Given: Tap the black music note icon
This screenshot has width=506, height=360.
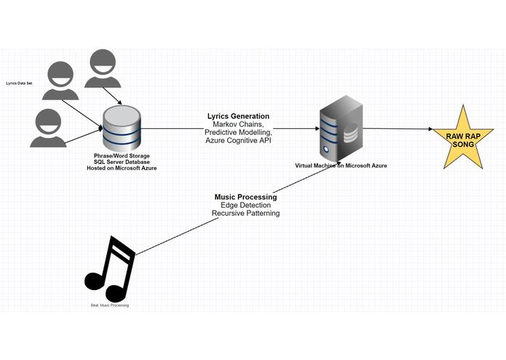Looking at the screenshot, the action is click(x=110, y=270).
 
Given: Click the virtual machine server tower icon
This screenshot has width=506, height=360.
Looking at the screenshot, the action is click(x=341, y=128).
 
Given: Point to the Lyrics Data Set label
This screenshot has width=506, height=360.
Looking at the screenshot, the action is click(x=19, y=83).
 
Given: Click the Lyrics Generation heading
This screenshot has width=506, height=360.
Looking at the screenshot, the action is click(x=239, y=116).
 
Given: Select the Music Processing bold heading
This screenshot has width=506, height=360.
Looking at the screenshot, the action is click(x=245, y=197).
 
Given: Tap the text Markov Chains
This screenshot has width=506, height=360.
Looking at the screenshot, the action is click(x=239, y=125).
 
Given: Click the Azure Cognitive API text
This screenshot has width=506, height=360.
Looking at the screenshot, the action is click(x=239, y=141).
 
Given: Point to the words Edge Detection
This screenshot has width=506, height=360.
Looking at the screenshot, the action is click(x=245, y=205).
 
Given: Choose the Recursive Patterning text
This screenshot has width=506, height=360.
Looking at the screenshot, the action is click(x=245, y=213).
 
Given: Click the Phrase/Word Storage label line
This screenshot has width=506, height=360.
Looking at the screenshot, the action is click(x=122, y=156).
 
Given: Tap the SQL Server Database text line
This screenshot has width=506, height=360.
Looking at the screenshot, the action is click(x=122, y=162).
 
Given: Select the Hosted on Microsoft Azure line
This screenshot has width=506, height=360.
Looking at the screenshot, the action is click(x=122, y=168).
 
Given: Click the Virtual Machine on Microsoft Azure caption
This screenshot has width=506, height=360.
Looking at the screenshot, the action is click(x=341, y=165).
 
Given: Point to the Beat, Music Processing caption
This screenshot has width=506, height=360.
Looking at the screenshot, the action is click(x=110, y=305).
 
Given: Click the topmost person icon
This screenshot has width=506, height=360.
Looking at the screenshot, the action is click(x=103, y=69).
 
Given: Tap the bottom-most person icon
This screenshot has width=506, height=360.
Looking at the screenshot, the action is click(x=48, y=128).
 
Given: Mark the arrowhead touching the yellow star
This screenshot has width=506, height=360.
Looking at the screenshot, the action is click(x=431, y=129).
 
